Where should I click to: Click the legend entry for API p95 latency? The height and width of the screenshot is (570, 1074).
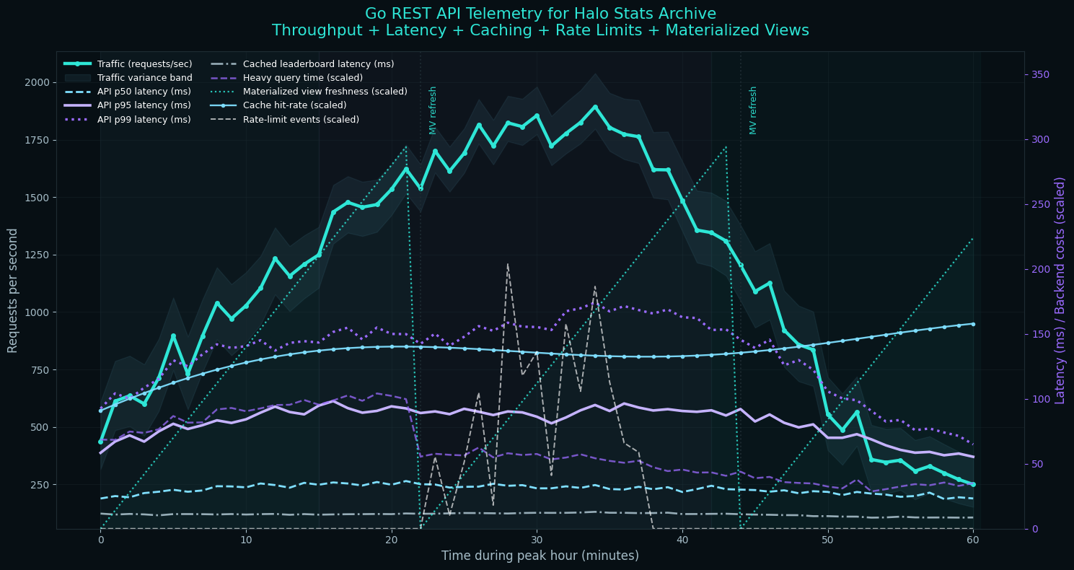(x=144, y=105)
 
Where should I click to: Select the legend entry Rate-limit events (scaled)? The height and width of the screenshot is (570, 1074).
(x=301, y=120)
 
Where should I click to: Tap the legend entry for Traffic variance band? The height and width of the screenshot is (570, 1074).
(x=144, y=78)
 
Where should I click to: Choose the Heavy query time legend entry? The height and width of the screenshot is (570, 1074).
(x=302, y=78)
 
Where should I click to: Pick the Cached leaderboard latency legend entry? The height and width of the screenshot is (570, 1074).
(x=318, y=64)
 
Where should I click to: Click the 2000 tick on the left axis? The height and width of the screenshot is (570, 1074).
(x=36, y=82)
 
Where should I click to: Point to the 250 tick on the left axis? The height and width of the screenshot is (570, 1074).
(x=39, y=485)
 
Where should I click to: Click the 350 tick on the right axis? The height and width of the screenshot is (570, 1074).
(x=1039, y=74)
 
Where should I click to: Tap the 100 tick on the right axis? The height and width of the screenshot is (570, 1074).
(x=1039, y=399)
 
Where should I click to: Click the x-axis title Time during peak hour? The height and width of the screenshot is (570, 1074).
(x=540, y=556)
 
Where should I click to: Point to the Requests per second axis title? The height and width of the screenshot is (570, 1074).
(x=13, y=290)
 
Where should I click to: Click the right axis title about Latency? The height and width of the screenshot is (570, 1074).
(x=1060, y=290)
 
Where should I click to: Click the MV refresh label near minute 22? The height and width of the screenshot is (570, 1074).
(x=433, y=110)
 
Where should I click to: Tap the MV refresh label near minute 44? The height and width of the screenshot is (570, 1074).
(x=753, y=110)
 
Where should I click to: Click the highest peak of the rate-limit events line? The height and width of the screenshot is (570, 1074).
(x=508, y=264)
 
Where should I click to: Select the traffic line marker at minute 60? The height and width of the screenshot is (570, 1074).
(x=972, y=485)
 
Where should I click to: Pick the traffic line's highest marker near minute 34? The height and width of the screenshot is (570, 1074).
(x=595, y=107)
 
